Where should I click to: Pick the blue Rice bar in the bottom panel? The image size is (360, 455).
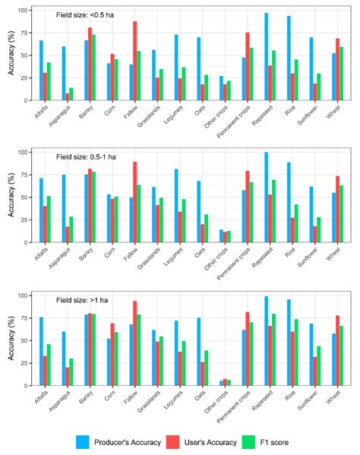click(x=288, y=343)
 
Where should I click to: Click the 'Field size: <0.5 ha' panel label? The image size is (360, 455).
click(x=87, y=14)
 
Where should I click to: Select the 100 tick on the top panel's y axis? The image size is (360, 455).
click(x=24, y=11)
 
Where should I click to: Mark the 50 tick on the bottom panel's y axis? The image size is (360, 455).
click(x=27, y=340)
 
